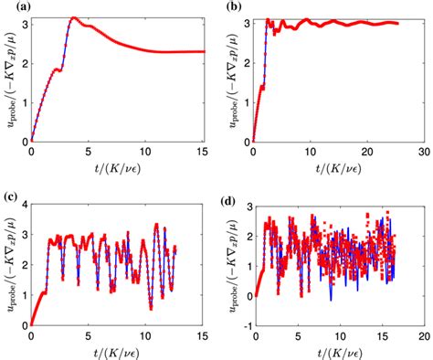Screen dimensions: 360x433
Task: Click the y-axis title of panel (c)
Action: point(8,259)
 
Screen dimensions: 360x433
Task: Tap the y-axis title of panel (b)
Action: point(231,77)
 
